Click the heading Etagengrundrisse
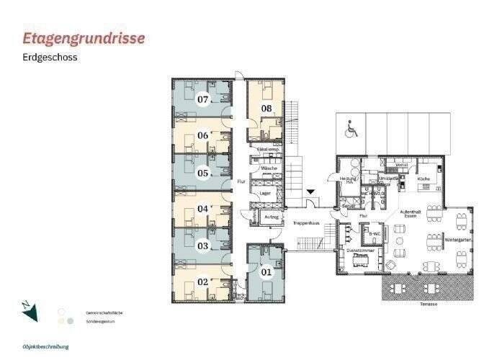pyautogui.click(x=84, y=37)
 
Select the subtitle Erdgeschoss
pyautogui.click(x=50, y=57)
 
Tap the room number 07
pyautogui.click(x=203, y=99)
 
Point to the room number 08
pyautogui.click(x=266, y=109)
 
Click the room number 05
pyautogui.click(x=203, y=173)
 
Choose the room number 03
pyautogui.click(x=203, y=246)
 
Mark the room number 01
pyautogui.click(x=267, y=271)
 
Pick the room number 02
pyautogui.click(x=203, y=282)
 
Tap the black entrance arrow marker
pyautogui.click(x=310, y=192)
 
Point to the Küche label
pyautogui.click(x=424, y=179)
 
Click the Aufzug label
pyautogui.click(x=272, y=216)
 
